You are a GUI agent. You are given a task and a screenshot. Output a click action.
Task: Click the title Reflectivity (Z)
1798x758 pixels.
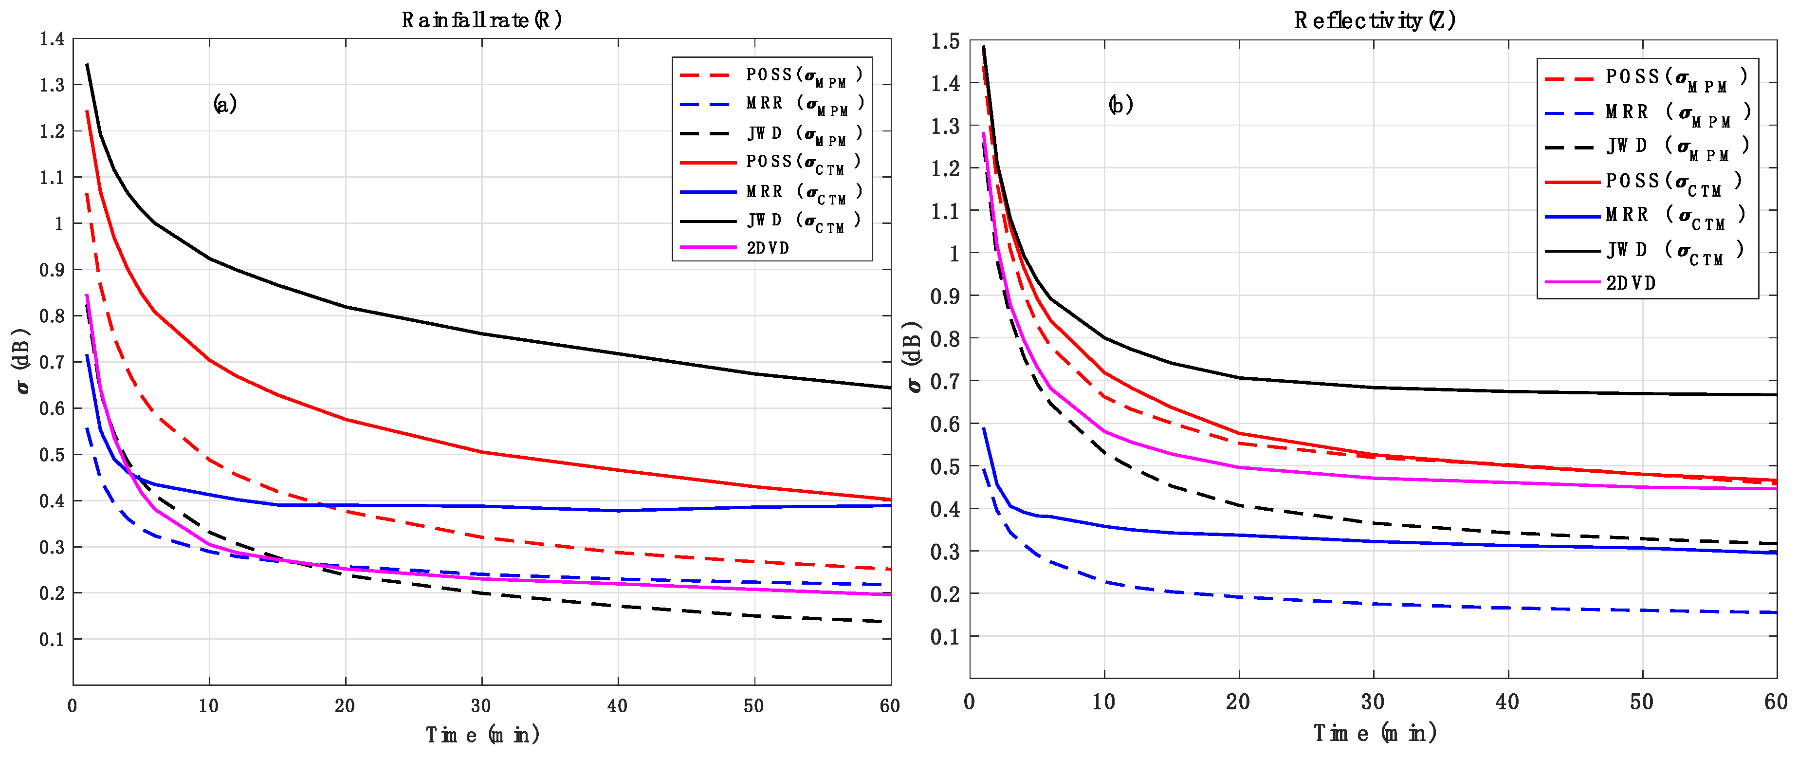(1375, 20)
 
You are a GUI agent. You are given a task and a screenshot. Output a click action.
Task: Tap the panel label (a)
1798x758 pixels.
(225, 104)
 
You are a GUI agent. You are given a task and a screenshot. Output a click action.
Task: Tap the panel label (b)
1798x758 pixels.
(1120, 105)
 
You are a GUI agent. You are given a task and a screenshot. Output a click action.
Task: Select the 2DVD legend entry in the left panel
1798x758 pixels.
(767, 248)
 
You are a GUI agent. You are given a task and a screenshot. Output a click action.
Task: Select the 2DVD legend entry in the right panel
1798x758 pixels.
(1631, 283)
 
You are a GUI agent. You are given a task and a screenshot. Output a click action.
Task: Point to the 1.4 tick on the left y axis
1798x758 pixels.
(53, 39)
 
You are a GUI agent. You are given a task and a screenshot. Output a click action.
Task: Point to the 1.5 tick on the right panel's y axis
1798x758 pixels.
(945, 41)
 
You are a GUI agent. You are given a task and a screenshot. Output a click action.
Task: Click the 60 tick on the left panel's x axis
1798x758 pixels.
(889, 705)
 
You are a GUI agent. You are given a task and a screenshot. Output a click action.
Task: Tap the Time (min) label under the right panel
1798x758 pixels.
(1375, 733)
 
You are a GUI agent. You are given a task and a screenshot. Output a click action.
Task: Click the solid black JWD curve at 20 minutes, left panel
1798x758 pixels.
(346, 306)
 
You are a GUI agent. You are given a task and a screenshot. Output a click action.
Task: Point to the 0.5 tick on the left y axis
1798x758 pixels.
(53, 454)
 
